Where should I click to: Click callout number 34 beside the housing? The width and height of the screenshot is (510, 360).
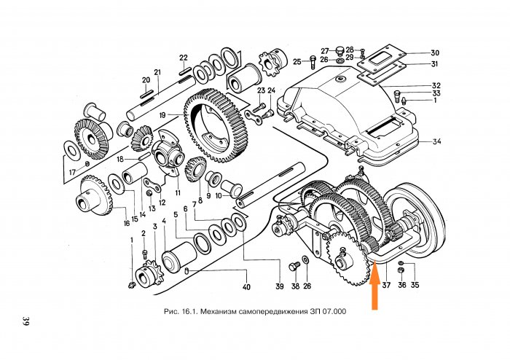436,141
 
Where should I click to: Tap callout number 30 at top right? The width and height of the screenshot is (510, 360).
435,53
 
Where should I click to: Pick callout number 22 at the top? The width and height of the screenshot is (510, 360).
184,58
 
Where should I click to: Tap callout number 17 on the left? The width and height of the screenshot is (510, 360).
71,172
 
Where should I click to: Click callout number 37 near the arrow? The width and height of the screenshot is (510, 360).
386,285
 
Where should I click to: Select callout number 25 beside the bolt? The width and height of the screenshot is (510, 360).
297,62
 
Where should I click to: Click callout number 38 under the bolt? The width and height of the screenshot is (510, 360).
294,286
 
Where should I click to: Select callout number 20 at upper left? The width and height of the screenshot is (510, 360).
146,79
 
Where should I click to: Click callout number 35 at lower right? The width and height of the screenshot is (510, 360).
415,285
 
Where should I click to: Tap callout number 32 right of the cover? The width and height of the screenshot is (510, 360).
436,86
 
